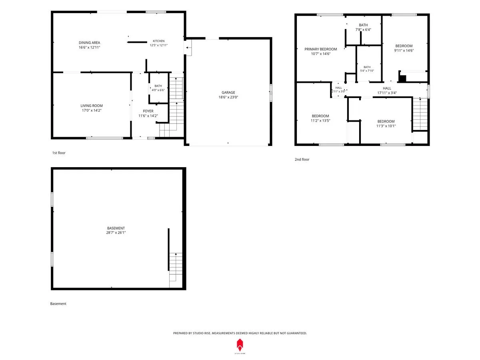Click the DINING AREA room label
tap(89, 43)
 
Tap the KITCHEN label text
tap(158, 41)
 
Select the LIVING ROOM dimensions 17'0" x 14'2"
tap(92, 110)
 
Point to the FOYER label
tap(148, 111)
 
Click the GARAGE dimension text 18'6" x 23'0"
tap(228, 97)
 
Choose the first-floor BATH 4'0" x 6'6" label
tap(158, 88)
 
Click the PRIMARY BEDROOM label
tap(320, 49)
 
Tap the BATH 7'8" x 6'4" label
tap(363, 27)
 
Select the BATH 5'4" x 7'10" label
tap(367, 69)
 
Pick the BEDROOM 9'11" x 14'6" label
tap(404, 48)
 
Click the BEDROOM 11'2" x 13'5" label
tap(320, 118)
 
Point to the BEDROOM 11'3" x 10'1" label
tap(386, 124)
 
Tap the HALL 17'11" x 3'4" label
tap(387, 90)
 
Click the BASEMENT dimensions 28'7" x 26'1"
tap(116, 232)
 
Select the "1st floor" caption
tap(59, 153)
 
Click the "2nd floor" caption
tap(302, 159)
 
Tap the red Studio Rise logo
tap(240, 345)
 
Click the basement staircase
tap(176, 270)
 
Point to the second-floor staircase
tap(420, 114)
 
